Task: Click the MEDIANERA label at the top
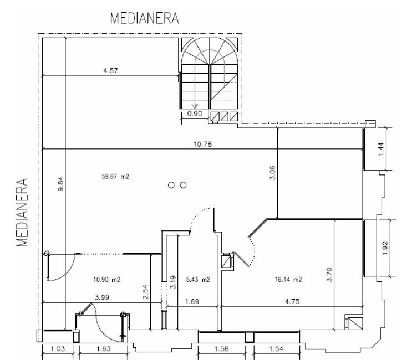(x=145, y=18)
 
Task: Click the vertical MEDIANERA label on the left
(x=22, y=213)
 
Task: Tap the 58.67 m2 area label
(x=115, y=176)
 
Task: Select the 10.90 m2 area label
(x=106, y=280)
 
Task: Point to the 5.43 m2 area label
(x=198, y=280)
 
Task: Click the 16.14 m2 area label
(x=288, y=280)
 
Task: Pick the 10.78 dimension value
(x=202, y=144)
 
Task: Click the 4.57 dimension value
(x=110, y=70)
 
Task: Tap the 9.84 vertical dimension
(x=60, y=184)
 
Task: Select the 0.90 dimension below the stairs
(x=195, y=114)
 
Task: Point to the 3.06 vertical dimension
(x=272, y=173)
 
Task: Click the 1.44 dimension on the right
(x=381, y=149)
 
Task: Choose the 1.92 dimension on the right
(x=385, y=248)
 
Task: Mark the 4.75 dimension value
(x=292, y=301)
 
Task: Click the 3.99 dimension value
(x=102, y=297)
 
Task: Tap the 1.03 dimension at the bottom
(x=58, y=349)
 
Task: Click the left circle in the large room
(x=171, y=185)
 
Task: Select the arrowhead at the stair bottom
(x=195, y=106)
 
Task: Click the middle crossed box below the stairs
(x=225, y=116)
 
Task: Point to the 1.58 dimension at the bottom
(x=221, y=349)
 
